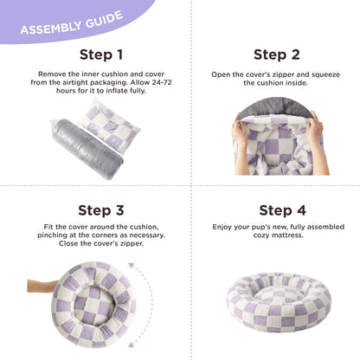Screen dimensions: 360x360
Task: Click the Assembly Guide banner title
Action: pos(71,27)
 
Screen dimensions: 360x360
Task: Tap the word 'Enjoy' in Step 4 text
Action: pos(222,228)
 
